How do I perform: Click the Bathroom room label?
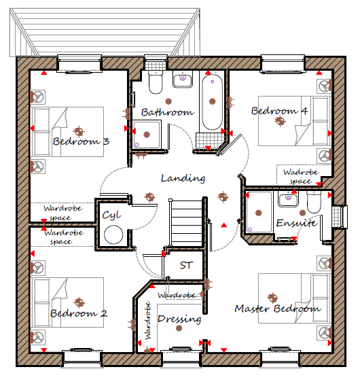pyautogui.click(x=168, y=112)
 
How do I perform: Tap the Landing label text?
pyautogui.click(x=183, y=178)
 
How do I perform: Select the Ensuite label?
pyautogui.click(x=297, y=223)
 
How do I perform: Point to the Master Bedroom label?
pyautogui.click(x=278, y=309)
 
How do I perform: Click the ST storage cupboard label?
pyautogui.click(x=186, y=265)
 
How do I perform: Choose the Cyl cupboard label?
pyautogui.click(x=111, y=215)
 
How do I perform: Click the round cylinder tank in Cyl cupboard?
pyautogui.click(x=113, y=235)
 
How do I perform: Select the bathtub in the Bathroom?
pyautogui.click(x=212, y=102)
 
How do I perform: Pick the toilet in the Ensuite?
pyautogui.click(x=314, y=202)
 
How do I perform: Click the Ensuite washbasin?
pyautogui.click(x=288, y=199)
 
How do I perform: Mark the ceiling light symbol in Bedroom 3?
pyautogui.click(x=78, y=132)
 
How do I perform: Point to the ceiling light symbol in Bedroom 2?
pyautogui.click(x=79, y=302)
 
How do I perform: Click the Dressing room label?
pyautogui.click(x=179, y=319)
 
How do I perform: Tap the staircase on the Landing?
pyautogui.click(x=186, y=223)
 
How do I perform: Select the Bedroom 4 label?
pyautogui.click(x=279, y=111)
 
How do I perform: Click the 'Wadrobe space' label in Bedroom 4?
pyautogui.click(x=301, y=177)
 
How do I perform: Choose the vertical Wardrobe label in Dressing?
pyautogui.click(x=148, y=321)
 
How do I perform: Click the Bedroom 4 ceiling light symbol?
pyautogui.click(x=280, y=121)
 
